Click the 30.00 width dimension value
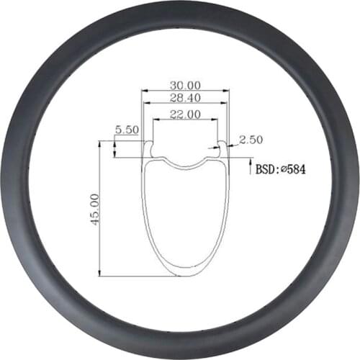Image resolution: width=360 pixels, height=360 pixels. click(185, 84)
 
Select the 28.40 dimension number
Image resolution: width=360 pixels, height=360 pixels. click(185, 96)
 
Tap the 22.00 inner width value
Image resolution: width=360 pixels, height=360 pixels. click(185, 114)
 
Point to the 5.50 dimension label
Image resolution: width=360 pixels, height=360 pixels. click(127, 130)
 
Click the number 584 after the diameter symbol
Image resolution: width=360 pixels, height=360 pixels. click(299, 169)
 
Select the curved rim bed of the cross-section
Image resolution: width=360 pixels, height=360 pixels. click(185, 164)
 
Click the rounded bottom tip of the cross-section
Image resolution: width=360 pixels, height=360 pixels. click(185, 274)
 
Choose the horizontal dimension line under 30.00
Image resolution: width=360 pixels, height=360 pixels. click(185, 91)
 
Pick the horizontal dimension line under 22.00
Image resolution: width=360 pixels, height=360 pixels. click(185, 121)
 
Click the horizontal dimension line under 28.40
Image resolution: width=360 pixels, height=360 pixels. click(185, 104)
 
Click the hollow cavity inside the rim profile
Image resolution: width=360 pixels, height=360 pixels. click(185, 216)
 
